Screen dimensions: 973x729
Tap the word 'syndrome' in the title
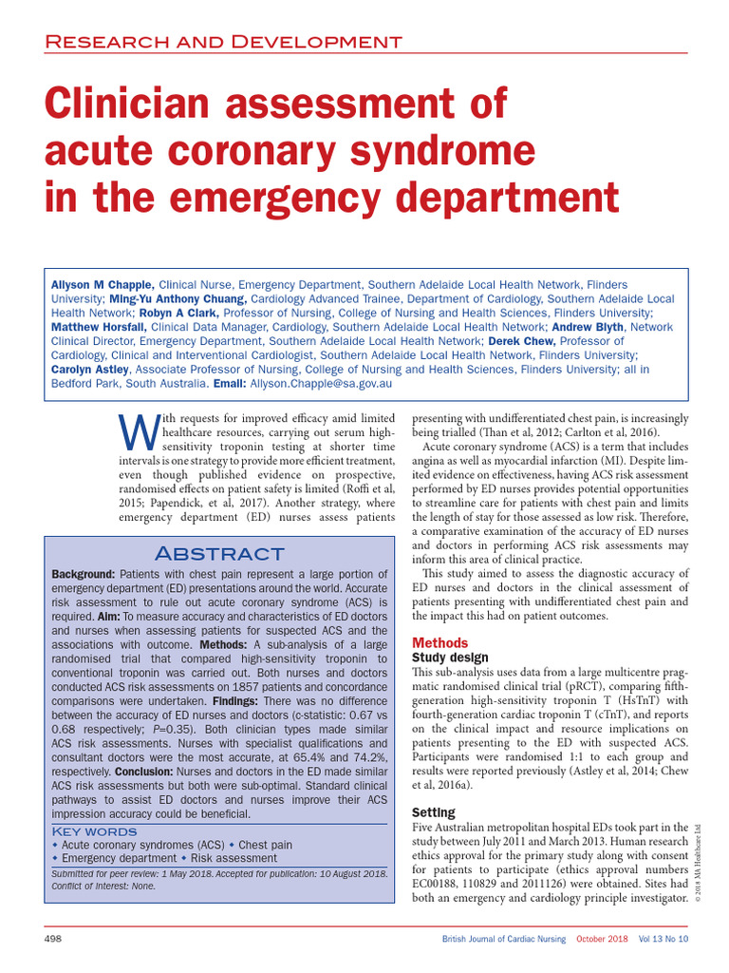click(x=429, y=151)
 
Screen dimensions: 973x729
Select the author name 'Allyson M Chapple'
click(x=103, y=258)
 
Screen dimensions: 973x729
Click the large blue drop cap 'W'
click(x=135, y=435)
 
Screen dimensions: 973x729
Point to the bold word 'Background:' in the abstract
click(x=84, y=575)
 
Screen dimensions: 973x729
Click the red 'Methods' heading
click(x=440, y=643)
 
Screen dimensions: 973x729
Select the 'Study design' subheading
click(x=451, y=658)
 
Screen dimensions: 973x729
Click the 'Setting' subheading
click(x=434, y=812)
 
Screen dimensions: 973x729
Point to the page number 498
click(x=54, y=939)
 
